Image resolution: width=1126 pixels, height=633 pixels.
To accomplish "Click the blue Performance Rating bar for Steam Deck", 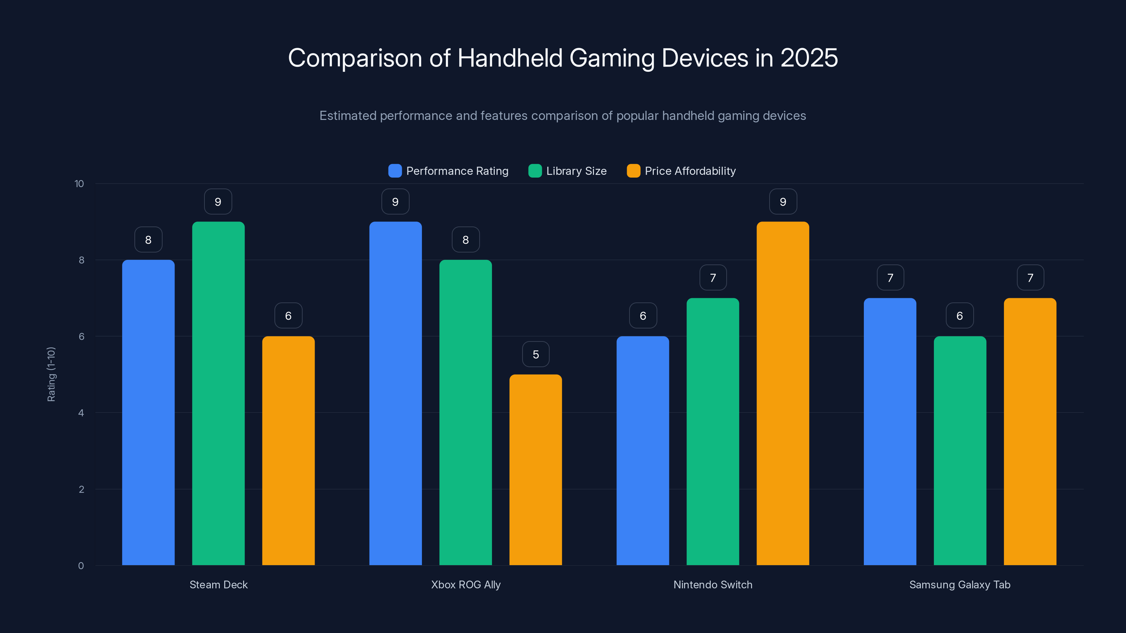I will [148, 413].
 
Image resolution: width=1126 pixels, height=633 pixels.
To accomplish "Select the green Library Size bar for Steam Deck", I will [218, 393].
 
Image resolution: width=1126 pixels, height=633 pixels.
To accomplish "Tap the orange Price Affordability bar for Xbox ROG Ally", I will [536, 469].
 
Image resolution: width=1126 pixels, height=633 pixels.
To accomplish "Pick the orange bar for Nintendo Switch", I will [783, 393].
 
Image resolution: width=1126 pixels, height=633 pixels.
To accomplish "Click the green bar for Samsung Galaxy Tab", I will [960, 450].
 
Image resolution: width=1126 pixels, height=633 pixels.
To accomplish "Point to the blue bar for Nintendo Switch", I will [643, 450].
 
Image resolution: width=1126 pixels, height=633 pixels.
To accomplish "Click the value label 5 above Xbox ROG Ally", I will [536, 354].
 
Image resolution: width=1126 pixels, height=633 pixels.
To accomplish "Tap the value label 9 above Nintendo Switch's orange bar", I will [783, 202].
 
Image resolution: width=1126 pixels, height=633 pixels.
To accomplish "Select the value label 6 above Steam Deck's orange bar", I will [288, 316].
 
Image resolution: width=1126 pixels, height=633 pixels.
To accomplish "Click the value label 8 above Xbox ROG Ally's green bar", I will [465, 240].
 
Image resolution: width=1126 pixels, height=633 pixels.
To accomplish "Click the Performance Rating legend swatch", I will [395, 171].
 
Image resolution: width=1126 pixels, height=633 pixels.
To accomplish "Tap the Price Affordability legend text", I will [690, 171].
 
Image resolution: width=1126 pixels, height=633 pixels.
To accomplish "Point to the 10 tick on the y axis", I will [79, 184].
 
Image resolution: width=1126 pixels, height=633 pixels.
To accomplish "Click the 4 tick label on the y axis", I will [81, 413].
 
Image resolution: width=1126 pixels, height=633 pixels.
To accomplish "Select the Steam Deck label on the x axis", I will [218, 584].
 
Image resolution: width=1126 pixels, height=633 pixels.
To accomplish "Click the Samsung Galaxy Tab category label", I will [960, 584].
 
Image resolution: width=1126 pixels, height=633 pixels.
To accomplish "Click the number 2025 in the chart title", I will [809, 58].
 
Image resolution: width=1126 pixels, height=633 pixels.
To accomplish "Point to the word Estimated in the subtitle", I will [348, 116].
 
